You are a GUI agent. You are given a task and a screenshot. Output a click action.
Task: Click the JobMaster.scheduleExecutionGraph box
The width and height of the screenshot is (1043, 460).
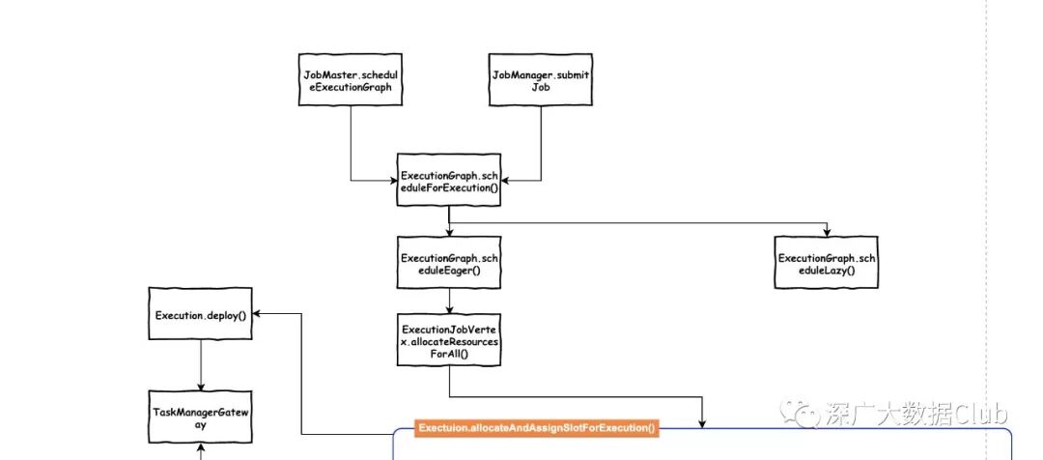(x=349, y=80)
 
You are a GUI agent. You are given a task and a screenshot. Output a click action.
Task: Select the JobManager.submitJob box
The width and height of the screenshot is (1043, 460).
(x=541, y=80)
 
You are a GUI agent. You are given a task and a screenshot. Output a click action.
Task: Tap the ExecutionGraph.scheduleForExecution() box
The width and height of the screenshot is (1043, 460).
(x=449, y=181)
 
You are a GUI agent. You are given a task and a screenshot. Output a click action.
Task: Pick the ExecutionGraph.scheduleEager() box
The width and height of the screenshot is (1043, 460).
(x=449, y=261)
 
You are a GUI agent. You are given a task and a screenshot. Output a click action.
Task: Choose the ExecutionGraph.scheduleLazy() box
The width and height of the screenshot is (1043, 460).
(x=829, y=261)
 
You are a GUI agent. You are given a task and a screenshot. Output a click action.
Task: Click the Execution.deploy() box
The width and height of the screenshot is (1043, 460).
(x=201, y=314)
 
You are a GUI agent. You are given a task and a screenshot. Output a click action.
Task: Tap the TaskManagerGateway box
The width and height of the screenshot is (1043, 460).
(x=201, y=417)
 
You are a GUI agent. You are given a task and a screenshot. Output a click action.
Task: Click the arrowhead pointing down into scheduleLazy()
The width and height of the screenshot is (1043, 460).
(x=829, y=230)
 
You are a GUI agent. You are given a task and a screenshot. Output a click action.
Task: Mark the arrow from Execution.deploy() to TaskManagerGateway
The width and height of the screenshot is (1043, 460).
(x=201, y=365)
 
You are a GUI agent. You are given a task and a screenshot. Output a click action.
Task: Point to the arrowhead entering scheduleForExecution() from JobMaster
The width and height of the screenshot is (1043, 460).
(x=392, y=181)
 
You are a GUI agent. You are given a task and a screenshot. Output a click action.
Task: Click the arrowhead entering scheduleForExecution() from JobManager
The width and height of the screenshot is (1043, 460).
(x=506, y=181)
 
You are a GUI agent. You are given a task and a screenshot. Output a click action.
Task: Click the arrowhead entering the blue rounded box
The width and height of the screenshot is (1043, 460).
(x=702, y=422)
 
